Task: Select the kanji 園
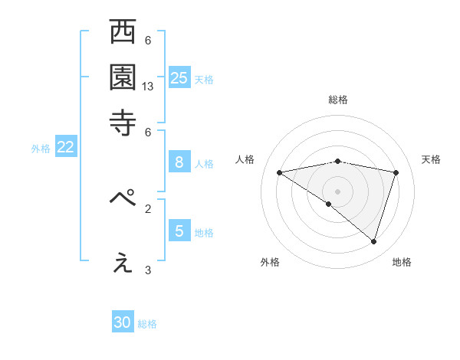[x=123, y=78]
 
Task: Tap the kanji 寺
[x=123, y=123]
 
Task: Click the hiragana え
[x=123, y=262]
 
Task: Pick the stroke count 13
[x=148, y=87]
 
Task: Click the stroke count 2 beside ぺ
[x=148, y=208]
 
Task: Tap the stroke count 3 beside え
[x=148, y=270]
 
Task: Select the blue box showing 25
[x=179, y=77]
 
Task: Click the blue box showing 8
[x=179, y=162]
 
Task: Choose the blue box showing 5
[x=179, y=231]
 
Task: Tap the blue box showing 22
[x=65, y=148]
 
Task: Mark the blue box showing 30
[x=123, y=322]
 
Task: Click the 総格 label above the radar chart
[x=338, y=100]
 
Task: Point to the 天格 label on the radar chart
[x=432, y=159]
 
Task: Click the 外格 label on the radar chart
[x=270, y=262]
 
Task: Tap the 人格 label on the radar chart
[x=245, y=159]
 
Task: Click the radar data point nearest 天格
[x=396, y=172]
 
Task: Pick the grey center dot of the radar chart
[x=337, y=190]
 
